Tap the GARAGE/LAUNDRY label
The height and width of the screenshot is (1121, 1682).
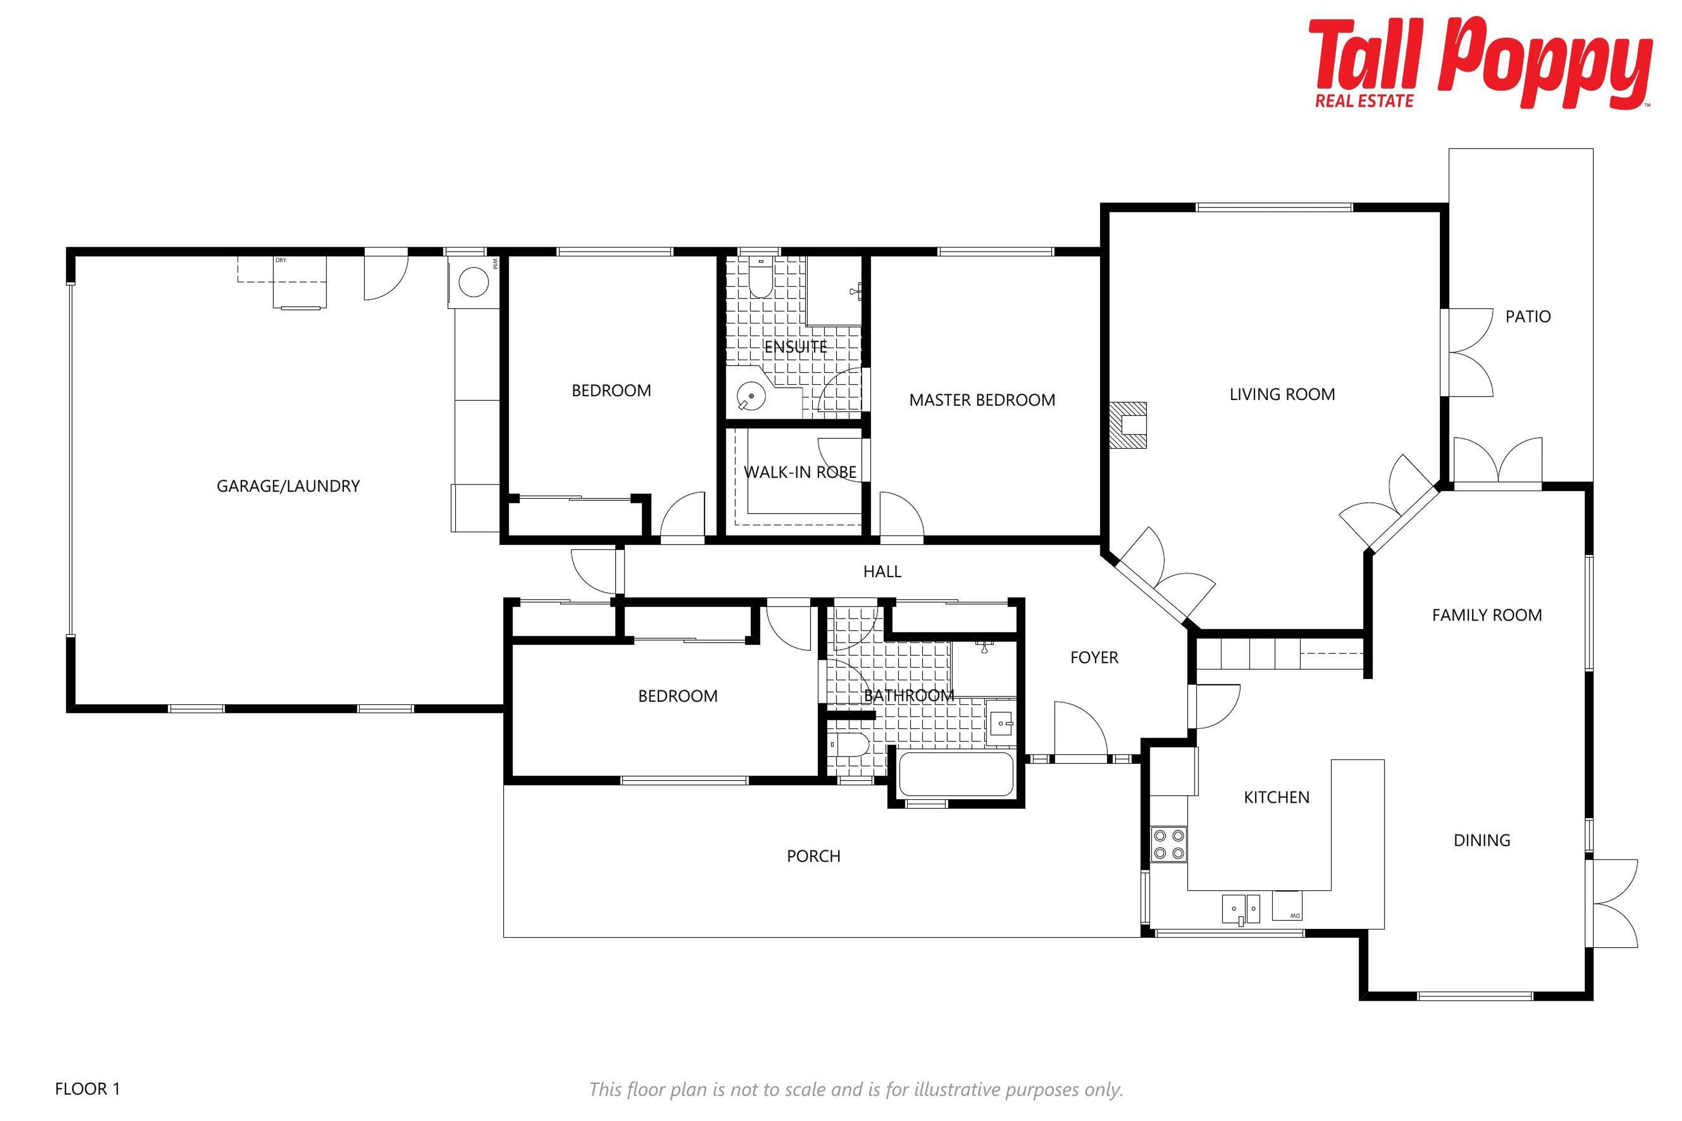click(288, 486)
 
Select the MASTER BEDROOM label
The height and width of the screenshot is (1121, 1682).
click(982, 400)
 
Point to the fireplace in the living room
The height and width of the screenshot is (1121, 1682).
click(1128, 425)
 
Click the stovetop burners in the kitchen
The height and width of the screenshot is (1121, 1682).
click(1169, 844)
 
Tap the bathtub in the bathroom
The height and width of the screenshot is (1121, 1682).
click(956, 774)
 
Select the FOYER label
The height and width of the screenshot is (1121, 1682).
click(1094, 658)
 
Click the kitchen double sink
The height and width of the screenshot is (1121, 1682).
click(1241, 908)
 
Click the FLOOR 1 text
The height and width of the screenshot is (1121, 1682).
click(87, 1089)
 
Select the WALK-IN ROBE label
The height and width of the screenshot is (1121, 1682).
click(800, 472)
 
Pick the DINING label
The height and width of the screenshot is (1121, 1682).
click(1482, 841)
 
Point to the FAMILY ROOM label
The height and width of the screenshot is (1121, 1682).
click(1487, 616)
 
